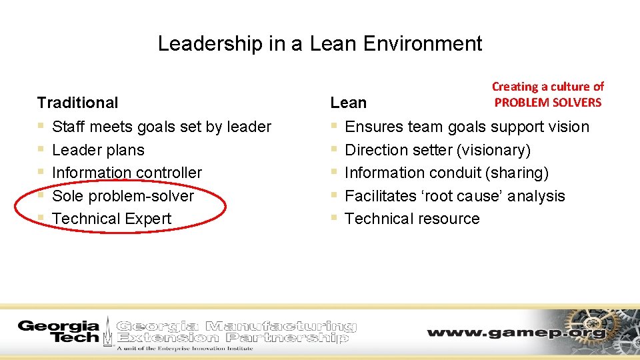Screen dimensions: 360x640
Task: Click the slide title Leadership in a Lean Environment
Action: coord(319,44)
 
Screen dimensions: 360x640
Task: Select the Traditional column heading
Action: coord(77,103)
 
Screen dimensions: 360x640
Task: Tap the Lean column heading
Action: coord(348,103)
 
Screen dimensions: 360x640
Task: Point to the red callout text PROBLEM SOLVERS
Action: coord(547,102)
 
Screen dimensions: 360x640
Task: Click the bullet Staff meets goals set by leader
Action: coord(161,127)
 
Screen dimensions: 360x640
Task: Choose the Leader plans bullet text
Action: coord(98,150)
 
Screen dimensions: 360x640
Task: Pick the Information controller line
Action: coord(127,173)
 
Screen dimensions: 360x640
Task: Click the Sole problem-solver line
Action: coord(123,196)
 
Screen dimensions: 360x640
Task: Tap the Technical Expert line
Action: coord(111,219)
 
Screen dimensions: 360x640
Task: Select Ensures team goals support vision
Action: coord(467,127)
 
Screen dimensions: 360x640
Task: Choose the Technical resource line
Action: coord(412,219)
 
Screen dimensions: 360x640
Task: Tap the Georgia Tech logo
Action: coord(59,331)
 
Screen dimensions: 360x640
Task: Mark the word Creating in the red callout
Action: coord(515,87)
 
